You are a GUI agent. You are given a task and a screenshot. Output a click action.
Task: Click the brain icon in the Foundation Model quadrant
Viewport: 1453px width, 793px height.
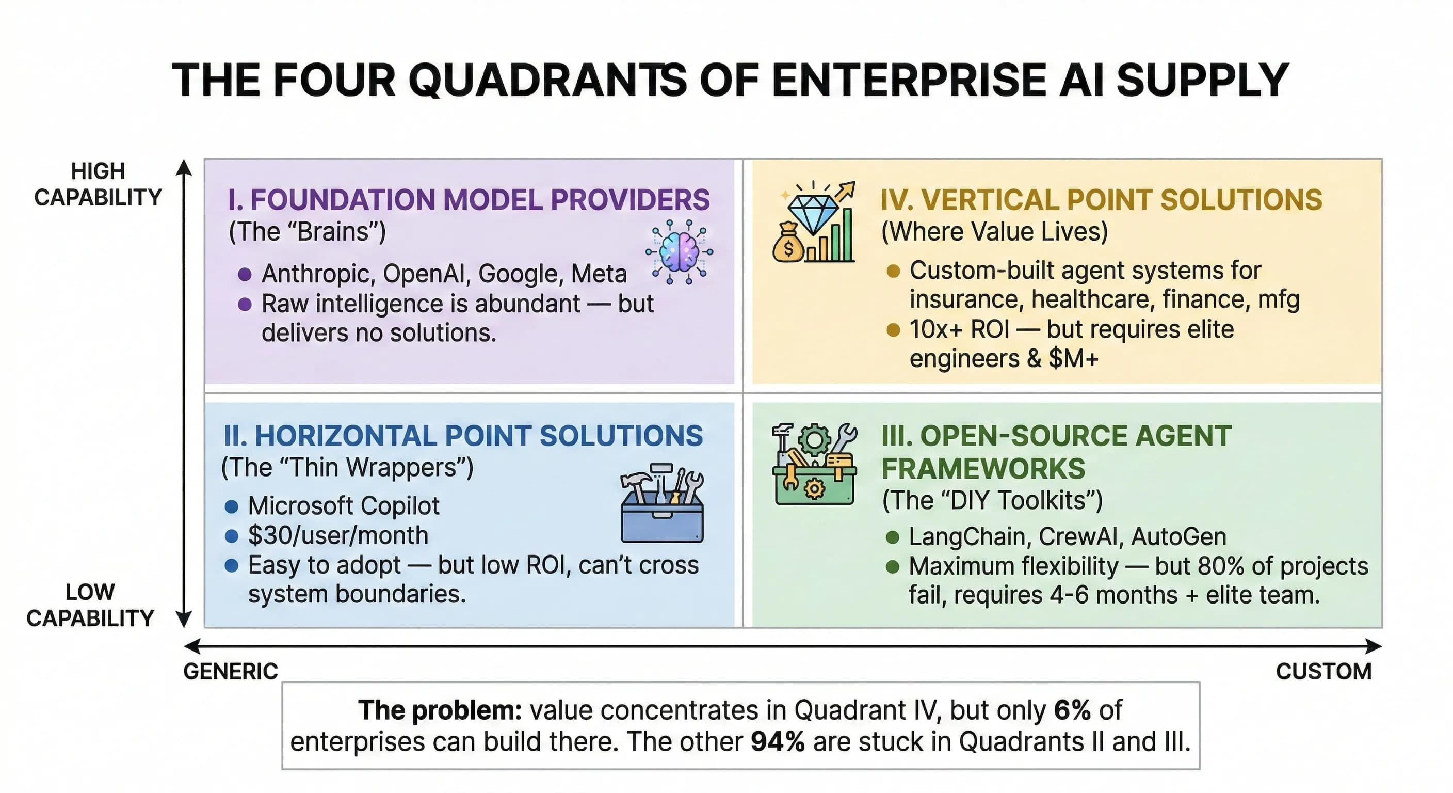680,252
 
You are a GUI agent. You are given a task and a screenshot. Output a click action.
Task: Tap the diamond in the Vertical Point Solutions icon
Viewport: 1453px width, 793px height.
813,213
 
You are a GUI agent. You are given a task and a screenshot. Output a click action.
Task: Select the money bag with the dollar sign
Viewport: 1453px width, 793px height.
788,244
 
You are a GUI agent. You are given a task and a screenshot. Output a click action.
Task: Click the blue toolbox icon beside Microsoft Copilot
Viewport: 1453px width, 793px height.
661,504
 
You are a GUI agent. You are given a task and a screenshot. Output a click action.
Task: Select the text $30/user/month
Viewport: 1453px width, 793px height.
338,535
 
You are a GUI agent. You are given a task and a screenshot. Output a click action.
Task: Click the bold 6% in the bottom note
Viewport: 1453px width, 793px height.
1072,710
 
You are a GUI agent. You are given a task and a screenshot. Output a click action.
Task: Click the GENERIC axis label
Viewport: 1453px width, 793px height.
231,672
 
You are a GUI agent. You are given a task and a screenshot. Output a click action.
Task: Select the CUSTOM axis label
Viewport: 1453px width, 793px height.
1323,672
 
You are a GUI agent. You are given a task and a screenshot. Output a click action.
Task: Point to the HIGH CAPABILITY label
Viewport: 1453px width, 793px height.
98,184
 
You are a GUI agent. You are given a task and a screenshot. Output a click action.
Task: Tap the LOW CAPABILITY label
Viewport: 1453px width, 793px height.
90,605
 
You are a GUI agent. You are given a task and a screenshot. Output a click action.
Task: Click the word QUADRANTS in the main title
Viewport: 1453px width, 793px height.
547,80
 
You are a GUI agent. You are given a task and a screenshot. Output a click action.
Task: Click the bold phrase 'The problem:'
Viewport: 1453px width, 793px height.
440,710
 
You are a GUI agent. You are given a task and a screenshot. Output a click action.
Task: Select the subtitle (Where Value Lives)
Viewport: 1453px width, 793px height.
994,232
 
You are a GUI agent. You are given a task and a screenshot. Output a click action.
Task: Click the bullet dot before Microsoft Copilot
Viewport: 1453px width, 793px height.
231,506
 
